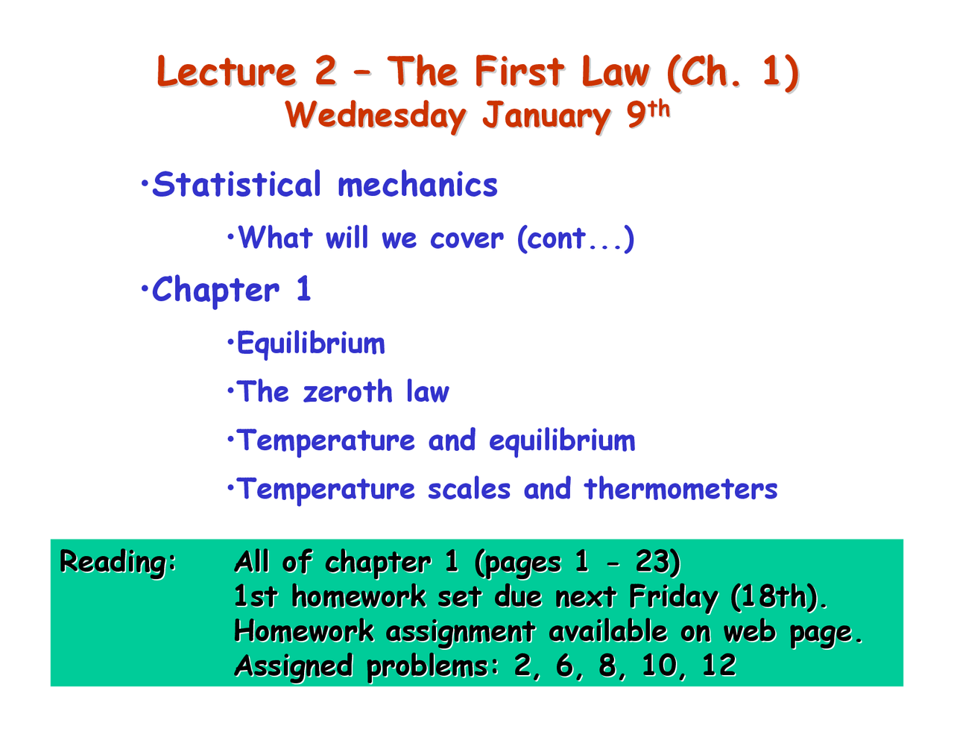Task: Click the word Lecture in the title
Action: [x=227, y=72]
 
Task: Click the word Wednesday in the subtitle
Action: [x=376, y=116]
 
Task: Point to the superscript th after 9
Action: [x=658, y=110]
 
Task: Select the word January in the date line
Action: [x=546, y=116]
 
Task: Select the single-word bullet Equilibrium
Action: [x=311, y=344]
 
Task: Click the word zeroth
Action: [x=347, y=392]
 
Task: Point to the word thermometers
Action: [x=680, y=489]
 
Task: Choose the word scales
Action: [x=469, y=489]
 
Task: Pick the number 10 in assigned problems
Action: [x=659, y=665]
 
